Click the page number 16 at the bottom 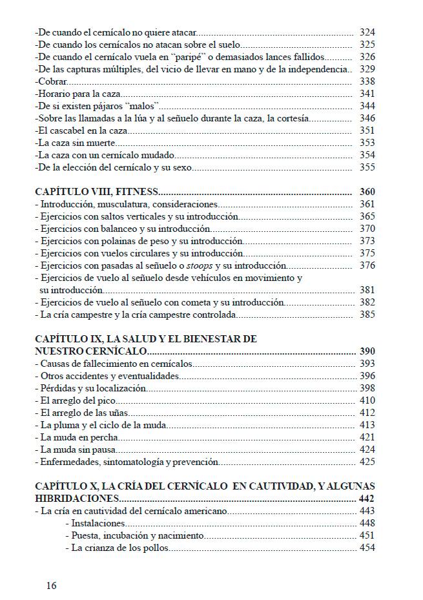click(x=51, y=585)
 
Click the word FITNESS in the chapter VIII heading click(x=137, y=191)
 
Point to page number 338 click(x=367, y=81)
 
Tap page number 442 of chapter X click(x=367, y=499)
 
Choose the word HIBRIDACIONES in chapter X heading click(x=76, y=499)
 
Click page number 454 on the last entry click(x=367, y=548)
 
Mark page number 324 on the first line click(x=367, y=32)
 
